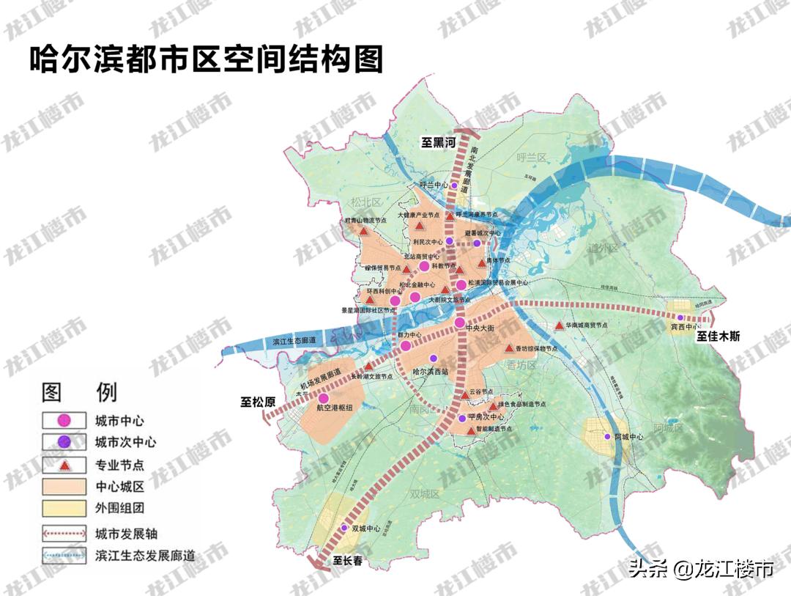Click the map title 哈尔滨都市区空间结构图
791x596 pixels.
point(206,59)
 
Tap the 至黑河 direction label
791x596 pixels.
point(438,144)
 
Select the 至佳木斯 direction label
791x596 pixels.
point(718,336)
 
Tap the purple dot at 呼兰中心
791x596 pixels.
point(454,186)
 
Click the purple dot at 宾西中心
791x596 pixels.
point(680,317)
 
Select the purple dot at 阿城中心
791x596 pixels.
point(607,437)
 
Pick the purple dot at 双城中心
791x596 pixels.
point(343,528)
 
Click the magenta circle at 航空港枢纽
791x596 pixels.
point(323,398)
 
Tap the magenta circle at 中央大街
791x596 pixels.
point(459,323)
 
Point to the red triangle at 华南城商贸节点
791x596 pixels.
point(560,325)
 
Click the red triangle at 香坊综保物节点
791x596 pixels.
point(508,348)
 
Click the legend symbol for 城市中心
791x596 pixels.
point(64,420)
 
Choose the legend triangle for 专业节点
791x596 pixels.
point(64,465)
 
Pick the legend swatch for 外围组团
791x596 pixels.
point(64,507)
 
